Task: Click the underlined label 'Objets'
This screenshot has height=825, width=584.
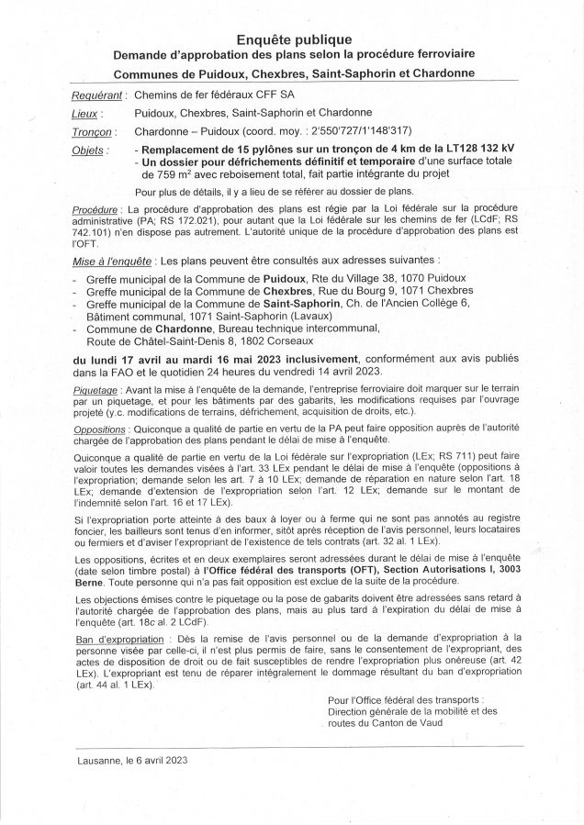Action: pyautogui.click(x=89, y=150)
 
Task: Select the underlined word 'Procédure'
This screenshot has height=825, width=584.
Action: pyautogui.click(x=95, y=211)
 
